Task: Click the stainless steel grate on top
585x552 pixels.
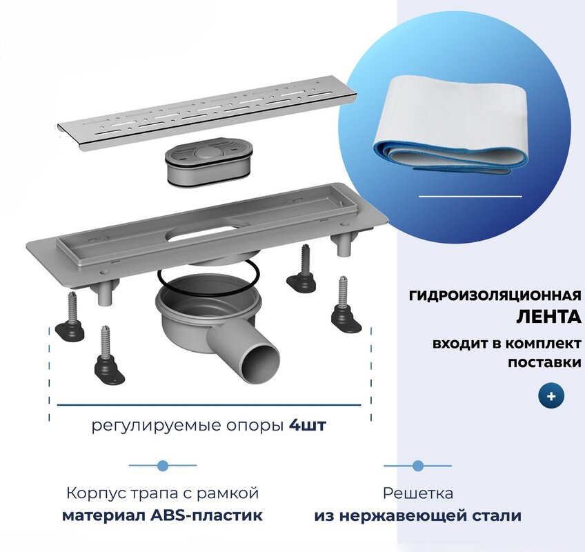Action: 207,114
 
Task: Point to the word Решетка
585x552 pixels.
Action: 418,493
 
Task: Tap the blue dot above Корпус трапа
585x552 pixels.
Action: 163,466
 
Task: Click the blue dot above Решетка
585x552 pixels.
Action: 417,466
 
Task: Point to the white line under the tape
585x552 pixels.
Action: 470,197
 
